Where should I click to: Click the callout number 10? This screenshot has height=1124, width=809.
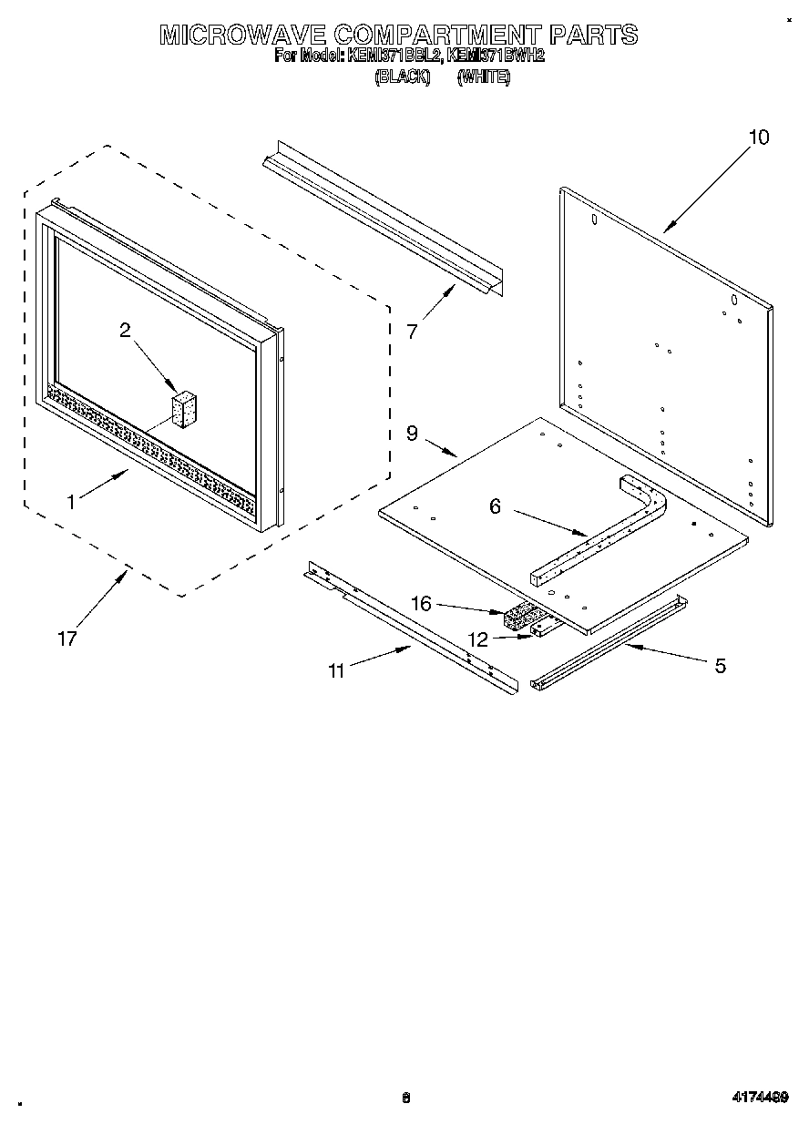(x=758, y=138)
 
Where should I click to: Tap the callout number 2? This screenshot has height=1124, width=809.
(x=125, y=331)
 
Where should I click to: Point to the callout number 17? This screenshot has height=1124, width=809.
(x=67, y=639)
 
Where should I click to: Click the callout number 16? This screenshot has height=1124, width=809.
(x=420, y=604)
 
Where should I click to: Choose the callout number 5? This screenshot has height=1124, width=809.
(x=720, y=666)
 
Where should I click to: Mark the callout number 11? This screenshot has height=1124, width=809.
(x=337, y=671)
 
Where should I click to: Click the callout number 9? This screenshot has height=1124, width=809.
(x=412, y=434)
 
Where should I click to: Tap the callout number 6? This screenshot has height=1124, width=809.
(x=495, y=506)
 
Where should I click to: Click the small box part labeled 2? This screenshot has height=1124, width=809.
(x=185, y=410)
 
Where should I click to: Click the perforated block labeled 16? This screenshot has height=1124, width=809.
(x=519, y=617)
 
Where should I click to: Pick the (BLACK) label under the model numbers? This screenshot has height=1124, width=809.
(x=402, y=78)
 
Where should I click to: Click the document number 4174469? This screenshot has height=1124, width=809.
(x=757, y=1098)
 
